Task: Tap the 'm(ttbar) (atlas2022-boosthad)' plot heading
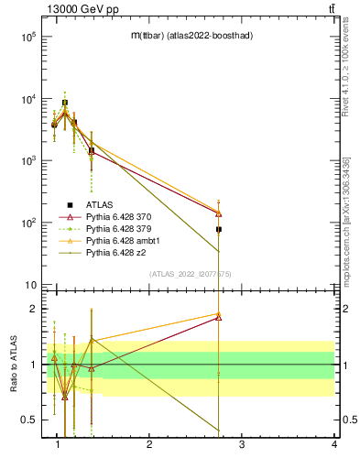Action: click(192, 35)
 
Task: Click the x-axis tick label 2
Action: click(150, 445)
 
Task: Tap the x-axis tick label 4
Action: click(334, 445)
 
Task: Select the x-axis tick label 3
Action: click(242, 445)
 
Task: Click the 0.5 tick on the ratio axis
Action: click(29, 420)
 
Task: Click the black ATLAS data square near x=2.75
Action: click(219, 229)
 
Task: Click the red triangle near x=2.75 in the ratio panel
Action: click(219, 318)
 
